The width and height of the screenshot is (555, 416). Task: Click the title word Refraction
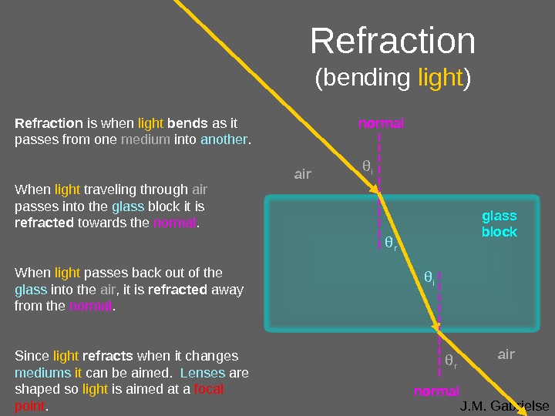(392, 43)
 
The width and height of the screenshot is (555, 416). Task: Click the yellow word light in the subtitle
(440, 78)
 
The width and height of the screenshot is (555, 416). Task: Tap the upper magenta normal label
(381, 123)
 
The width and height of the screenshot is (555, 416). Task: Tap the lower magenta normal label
(436, 391)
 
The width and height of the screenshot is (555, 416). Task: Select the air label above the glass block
(302, 174)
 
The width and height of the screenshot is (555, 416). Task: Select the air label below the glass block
(506, 354)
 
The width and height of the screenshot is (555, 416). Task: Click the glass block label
(499, 224)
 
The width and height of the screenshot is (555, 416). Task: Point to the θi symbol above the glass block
(368, 166)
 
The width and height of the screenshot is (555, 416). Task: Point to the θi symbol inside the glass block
(429, 277)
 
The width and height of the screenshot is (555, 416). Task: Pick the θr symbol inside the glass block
(390, 244)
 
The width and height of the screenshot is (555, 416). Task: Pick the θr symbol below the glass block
(451, 361)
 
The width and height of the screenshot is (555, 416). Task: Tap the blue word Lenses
(203, 372)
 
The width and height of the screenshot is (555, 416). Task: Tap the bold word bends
(187, 123)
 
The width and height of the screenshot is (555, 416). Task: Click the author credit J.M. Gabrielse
(504, 406)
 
